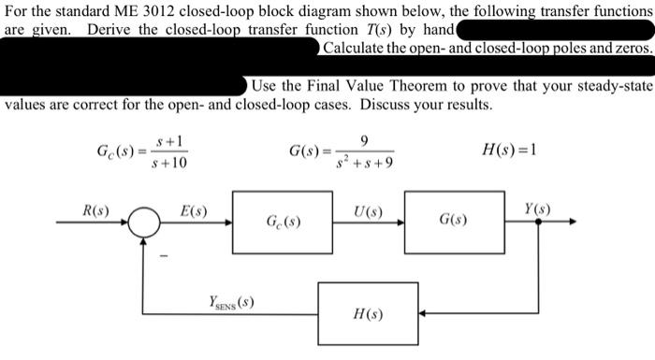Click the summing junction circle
147,223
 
